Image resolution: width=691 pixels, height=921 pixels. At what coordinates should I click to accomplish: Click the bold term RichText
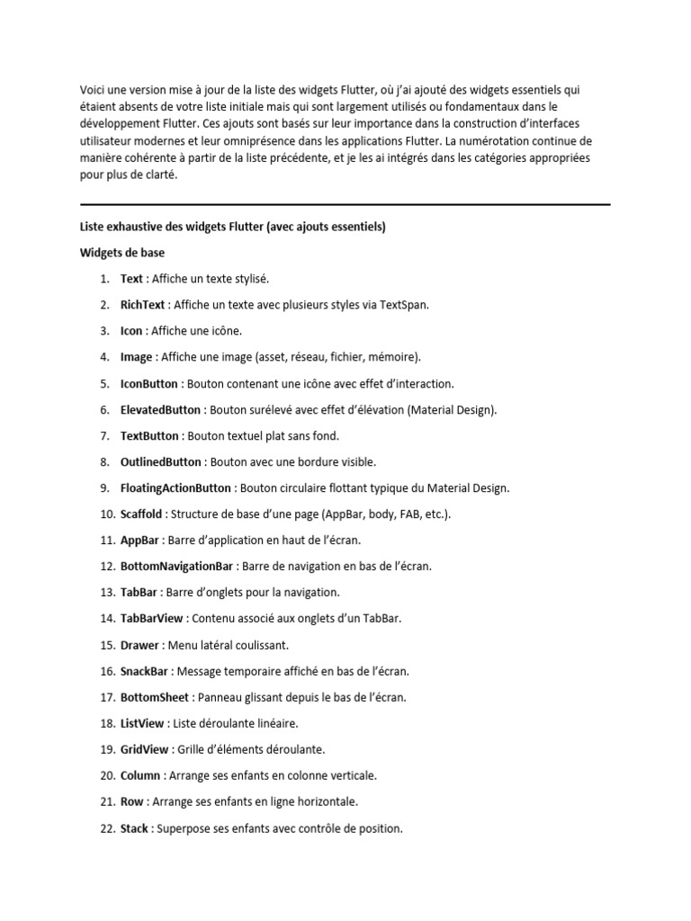(x=144, y=305)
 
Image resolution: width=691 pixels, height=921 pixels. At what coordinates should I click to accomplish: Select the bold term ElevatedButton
(x=161, y=409)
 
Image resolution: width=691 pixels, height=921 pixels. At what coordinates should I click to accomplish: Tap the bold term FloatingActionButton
(x=175, y=487)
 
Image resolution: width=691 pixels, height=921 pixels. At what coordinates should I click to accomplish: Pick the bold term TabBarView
(x=151, y=619)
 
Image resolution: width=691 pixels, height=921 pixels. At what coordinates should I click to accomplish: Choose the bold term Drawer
(x=139, y=645)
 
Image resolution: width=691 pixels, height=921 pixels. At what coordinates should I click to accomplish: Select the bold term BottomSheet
(x=155, y=697)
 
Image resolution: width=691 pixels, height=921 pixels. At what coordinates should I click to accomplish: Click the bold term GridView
(x=144, y=749)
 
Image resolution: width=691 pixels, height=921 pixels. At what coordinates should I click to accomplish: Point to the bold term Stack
(x=135, y=827)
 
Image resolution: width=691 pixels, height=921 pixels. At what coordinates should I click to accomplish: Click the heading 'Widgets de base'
(x=122, y=253)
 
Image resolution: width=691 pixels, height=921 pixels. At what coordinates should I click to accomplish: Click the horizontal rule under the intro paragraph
(x=345, y=204)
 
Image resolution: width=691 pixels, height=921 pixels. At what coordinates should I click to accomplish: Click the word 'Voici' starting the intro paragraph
(x=93, y=89)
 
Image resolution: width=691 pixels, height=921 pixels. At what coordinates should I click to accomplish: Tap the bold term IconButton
(x=149, y=383)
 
